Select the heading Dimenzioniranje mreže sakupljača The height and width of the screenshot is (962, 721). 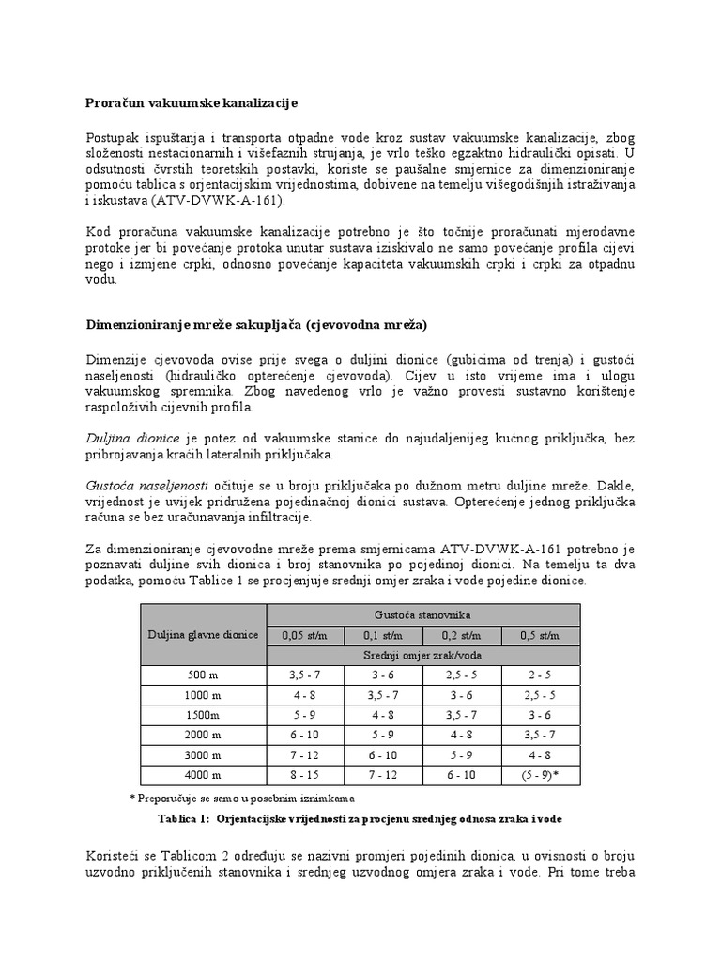pyautogui.click(x=255, y=325)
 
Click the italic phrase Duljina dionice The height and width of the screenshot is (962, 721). pyautogui.click(x=132, y=437)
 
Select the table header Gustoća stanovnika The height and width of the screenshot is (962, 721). pyautogui.click(x=423, y=613)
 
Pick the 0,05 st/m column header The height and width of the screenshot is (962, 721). pyautogui.click(x=305, y=635)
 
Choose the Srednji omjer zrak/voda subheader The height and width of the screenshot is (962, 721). pyautogui.click(x=423, y=654)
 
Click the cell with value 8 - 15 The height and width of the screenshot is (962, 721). pyautogui.click(x=305, y=776)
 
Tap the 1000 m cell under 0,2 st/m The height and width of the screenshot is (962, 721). pyautogui.click(x=462, y=695)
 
